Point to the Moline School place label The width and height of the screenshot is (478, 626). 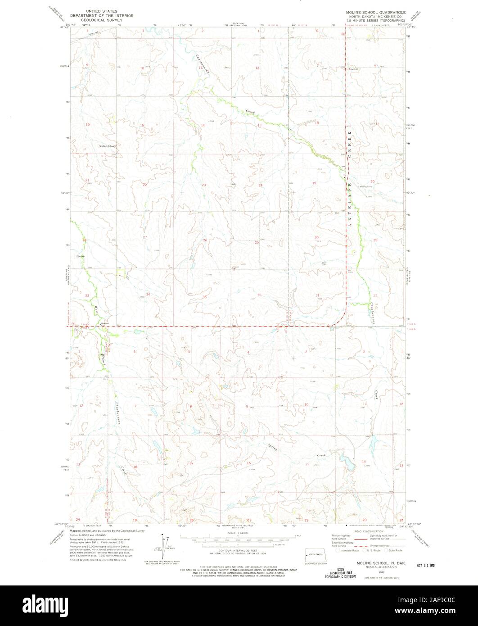click(x=108, y=146)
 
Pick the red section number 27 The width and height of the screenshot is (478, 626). click(x=145, y=237)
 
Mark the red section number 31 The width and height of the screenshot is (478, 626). click(x=317, y=295)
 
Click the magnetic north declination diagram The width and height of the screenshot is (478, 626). click(x=163, y=545)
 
